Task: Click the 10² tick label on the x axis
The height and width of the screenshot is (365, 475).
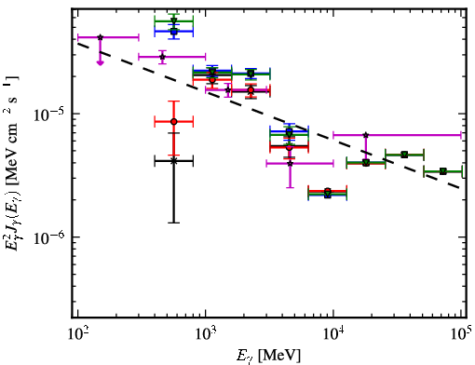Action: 77,334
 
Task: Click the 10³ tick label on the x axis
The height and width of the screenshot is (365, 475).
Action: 205,334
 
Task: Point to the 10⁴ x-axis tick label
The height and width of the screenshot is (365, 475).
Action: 333,334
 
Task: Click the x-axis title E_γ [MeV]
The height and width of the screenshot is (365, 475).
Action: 268,356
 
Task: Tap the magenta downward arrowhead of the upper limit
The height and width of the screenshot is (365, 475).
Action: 100,62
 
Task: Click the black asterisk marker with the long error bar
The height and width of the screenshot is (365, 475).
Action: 174,161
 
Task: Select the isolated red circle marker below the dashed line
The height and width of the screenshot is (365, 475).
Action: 174,122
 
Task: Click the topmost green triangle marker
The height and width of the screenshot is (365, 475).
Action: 174,20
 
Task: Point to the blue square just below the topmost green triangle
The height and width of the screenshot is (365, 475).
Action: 174,32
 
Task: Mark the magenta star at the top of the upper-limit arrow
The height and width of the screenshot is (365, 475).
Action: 100,37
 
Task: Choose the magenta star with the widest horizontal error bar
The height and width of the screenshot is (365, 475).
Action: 366,135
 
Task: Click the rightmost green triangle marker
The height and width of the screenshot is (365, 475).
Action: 443,171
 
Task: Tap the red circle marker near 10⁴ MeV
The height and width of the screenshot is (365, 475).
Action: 328,191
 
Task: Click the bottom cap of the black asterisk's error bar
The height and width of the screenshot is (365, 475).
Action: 174,223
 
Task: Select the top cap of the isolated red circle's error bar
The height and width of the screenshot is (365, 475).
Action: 174,101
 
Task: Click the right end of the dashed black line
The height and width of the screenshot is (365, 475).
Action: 460,188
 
